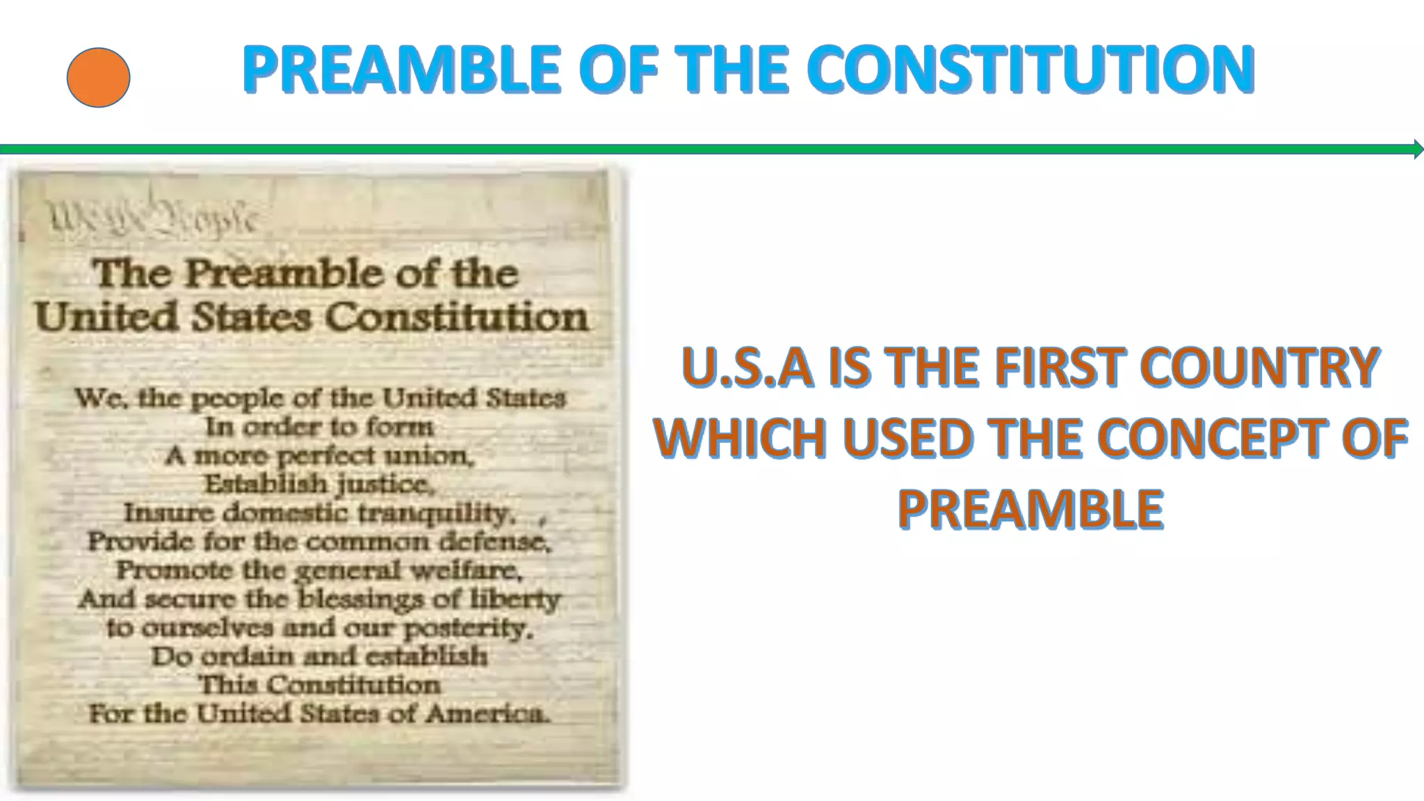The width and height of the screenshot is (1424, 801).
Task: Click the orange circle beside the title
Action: pyautogui.click(x=98, y=77)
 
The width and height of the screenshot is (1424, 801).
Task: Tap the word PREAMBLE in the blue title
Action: pyautogui.click(x=401, y=69)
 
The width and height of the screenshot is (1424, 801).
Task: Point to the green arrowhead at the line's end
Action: pyautogui.click(x=1418, y=149)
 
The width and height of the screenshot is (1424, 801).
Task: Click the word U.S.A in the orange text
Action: pyautogui.click(x=747, y=367)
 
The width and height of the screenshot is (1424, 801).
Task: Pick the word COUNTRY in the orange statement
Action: pyautogui.click(x=1260, y=367)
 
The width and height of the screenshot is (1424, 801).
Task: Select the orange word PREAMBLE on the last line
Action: pyautogui.click(x=1030, y=510)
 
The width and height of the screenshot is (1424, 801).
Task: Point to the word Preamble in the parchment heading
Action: pyautogui.click(x=284, y=273)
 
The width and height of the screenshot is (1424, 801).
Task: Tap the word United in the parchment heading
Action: pyautogui.click(x=107, y=317)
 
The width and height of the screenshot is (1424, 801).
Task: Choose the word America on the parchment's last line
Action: pyautogui.click(x=487, y=713)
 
